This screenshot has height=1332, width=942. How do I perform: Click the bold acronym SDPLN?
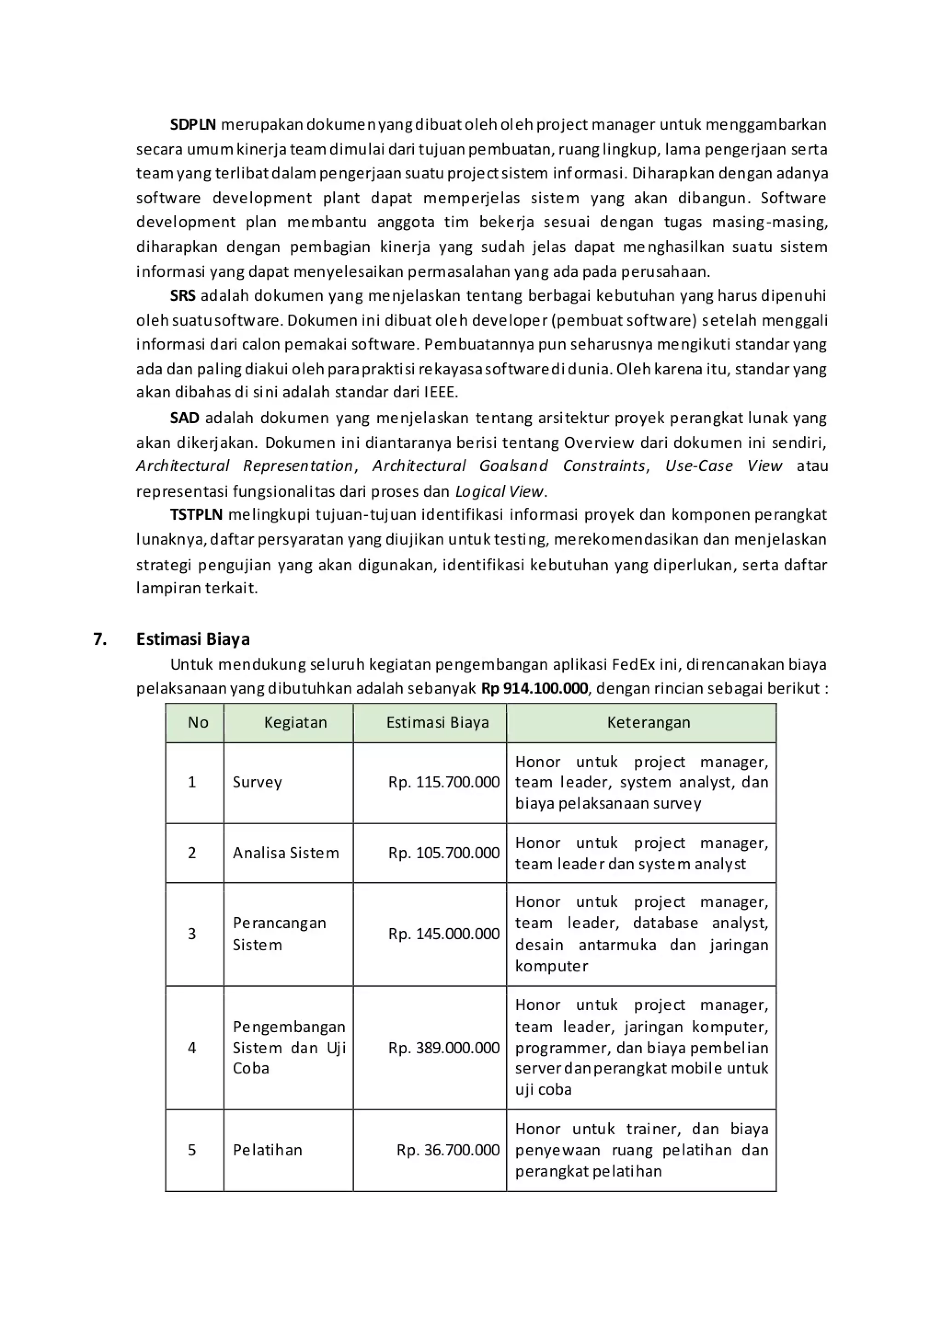[193, 125]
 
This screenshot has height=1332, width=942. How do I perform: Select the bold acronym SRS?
[183, 296]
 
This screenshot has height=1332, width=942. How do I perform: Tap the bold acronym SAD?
[184, 418]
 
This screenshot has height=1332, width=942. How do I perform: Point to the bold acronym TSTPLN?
[196, 515]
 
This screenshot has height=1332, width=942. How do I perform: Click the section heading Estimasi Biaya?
[193, 639]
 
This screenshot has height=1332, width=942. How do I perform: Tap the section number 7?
[100, 639]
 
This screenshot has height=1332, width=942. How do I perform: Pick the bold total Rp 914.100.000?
[534, 689]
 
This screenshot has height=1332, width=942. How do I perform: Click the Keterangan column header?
[649, 722]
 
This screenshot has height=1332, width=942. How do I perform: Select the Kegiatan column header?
[295, 722]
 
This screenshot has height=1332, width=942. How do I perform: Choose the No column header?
[198, 722]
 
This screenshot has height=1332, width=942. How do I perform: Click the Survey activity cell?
[257, 783]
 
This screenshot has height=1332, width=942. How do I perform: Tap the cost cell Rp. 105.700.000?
[444, 853]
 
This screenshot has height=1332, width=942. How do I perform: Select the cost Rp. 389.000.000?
[444, 1048]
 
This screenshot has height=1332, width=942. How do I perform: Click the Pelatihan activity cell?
[267, 1150]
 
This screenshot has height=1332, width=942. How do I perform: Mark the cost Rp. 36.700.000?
[448, 1150]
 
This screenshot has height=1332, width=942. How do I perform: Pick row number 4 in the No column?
[192, 1048]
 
